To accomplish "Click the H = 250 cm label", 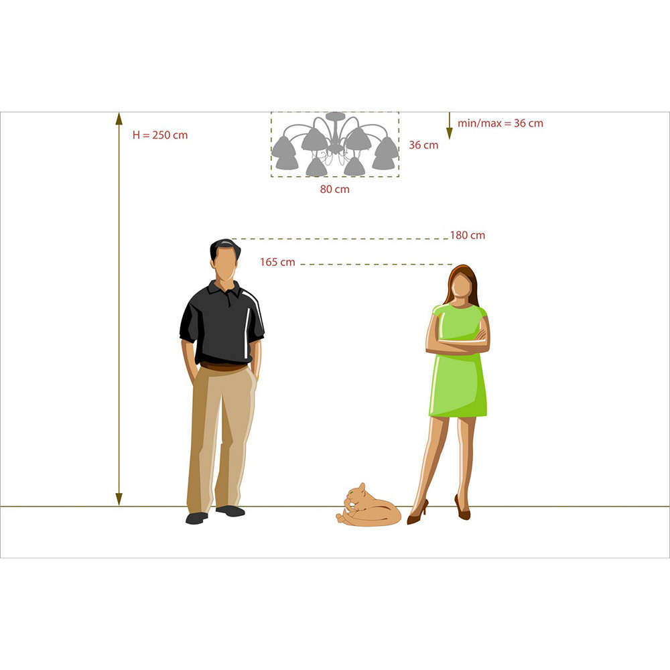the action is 160,135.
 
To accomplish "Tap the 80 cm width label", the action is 334,190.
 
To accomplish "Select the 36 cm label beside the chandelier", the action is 423,145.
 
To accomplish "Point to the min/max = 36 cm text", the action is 500,123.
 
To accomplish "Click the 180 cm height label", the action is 468,235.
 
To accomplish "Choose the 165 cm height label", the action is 277,262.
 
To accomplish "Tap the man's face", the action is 226,264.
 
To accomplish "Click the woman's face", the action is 462,286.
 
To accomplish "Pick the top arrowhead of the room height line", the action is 119,119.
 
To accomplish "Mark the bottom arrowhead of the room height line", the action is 119,499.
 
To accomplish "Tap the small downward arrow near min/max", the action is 449,126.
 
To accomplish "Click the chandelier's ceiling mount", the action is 336,116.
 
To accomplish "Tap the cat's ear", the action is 362,487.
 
